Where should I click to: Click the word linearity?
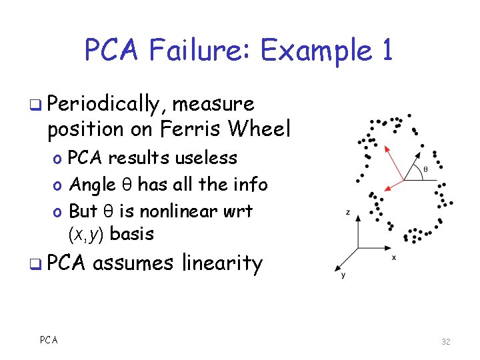[x=222, y=263]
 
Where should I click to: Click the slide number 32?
[x=446, y=341]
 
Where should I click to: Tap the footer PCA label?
[x=48, y=340]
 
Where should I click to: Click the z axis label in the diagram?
[x=348, y=212]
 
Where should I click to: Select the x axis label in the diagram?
[x=394, y=257]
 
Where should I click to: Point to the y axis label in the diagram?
[x=343, y=274]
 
